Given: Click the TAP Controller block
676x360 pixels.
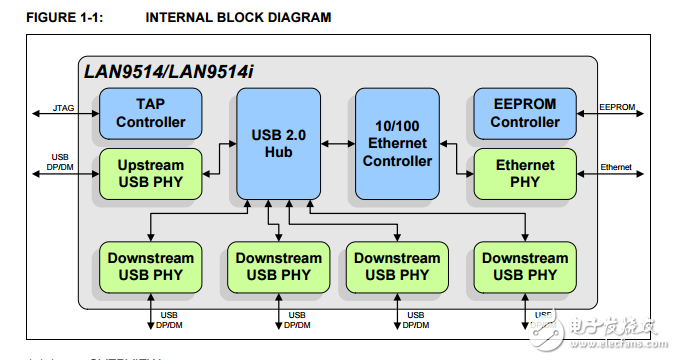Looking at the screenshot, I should click(150, 113).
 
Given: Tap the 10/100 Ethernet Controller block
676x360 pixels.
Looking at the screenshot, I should click(398, 142).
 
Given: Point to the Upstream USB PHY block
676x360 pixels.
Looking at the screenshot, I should click(150, 173).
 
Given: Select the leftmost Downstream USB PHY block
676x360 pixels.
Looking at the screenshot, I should click(150, 266).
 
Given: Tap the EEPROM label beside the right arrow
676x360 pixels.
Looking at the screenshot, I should click(616, 105).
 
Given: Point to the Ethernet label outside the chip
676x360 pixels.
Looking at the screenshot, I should click(616, 166).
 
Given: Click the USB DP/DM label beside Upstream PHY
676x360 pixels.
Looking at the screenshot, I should click(60, 161).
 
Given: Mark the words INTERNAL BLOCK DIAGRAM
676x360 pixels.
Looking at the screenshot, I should click(238, 18).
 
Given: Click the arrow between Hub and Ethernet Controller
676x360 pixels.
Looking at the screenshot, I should click(338, 142).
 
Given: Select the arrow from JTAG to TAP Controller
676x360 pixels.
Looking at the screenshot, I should click(66, 114).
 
